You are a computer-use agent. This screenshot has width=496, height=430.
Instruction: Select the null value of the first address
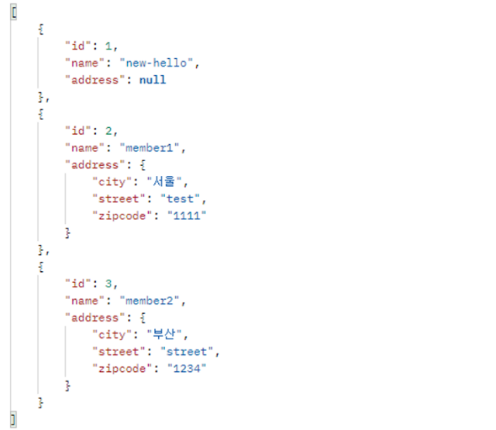(152, 80)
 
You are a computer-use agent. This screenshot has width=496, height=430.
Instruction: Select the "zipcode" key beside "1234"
(119, 369)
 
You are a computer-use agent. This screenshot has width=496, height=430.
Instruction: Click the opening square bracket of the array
(14, 12)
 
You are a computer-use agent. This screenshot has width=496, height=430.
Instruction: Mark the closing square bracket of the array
(14, 420)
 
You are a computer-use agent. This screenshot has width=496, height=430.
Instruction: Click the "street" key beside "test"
(116, 199)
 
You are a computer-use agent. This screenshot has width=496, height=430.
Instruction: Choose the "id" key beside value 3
(78, 284)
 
